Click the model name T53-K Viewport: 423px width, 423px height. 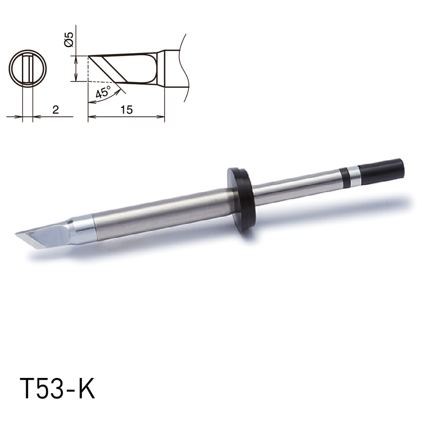pos(57,389)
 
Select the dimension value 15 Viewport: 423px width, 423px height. pos(127,110)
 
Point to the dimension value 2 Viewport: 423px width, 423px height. pos(56,110)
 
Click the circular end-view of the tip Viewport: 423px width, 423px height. pos(28,68)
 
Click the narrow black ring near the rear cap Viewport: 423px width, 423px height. pos(344,177)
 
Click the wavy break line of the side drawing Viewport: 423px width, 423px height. pos(184,66)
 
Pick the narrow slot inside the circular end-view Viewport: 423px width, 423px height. pos(28,68)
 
